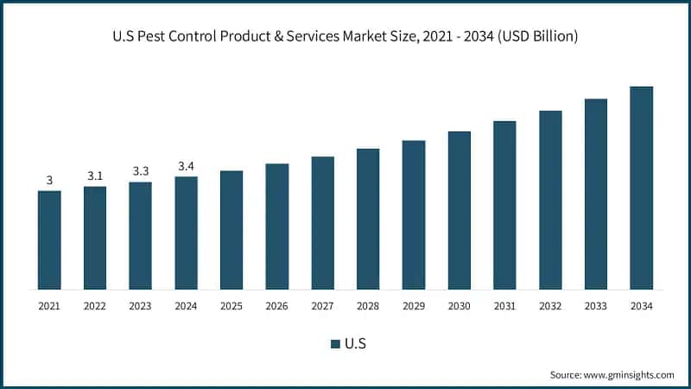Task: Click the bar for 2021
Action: coord(49,239)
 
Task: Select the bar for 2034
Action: coord(641,188)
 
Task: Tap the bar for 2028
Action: coord(368,219)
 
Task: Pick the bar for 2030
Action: coord(459,210)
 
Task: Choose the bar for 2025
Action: coord(231,230)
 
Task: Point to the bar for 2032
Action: coord(550,200)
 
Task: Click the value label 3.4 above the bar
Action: coord(186,165)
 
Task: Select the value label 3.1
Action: coord(95,175)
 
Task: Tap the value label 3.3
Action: coord(140,171)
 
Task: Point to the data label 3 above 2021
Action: coord(49,180)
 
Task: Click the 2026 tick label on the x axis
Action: coord(276,306)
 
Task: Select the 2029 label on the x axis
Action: coord(413,306)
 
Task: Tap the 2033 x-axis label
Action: coord(595,306)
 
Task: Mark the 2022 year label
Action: coord(95,306)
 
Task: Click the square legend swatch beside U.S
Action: coord(335,344)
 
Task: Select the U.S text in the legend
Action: coord(355,344)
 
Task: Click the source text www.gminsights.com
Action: coord(628,374)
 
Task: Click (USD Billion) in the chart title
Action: coord(536,37)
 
